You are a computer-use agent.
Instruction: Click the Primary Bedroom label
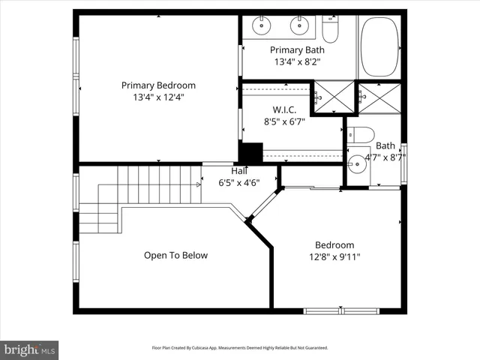(x=158, y=85)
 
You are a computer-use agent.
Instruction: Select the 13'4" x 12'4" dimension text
(x=158, y=97)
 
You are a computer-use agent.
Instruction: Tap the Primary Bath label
(x=297, y=50)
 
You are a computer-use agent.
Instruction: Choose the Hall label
(x=229, y=171)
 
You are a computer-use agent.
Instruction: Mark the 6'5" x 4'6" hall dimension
(x=238, y=182)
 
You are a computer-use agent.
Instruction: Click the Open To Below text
(x=175, y=256)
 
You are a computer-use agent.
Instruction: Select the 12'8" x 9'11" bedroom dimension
(x=334, y=257)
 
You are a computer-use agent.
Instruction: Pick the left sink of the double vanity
(x=262, y=27)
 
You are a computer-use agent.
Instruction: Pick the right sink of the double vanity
(x=299, y=27)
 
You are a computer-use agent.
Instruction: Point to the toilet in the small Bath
(x=362, y=135)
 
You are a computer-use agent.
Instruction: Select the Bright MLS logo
(x=29, y=349)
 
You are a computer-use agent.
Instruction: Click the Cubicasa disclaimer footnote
(x=240, y=348)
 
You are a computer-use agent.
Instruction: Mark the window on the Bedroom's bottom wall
(x=341, y=310)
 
